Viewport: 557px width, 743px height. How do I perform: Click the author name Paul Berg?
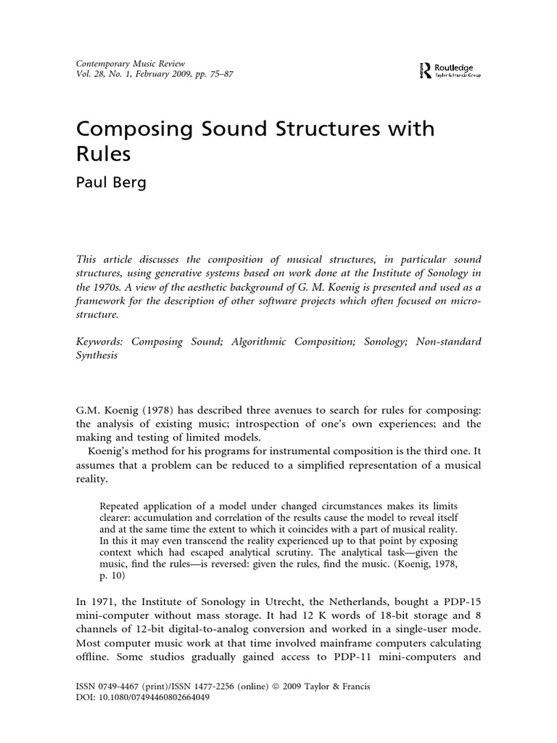tap(111, 182)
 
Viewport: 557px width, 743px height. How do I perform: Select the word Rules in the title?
tap(105, 155)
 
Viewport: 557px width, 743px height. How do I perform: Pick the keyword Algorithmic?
tap(268, 342)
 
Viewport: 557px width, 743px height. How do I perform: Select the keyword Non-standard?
tap(447, 342)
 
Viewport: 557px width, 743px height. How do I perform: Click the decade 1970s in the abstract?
tap(98, 287)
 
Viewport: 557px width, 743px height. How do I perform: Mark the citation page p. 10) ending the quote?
tap(110, 576)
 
